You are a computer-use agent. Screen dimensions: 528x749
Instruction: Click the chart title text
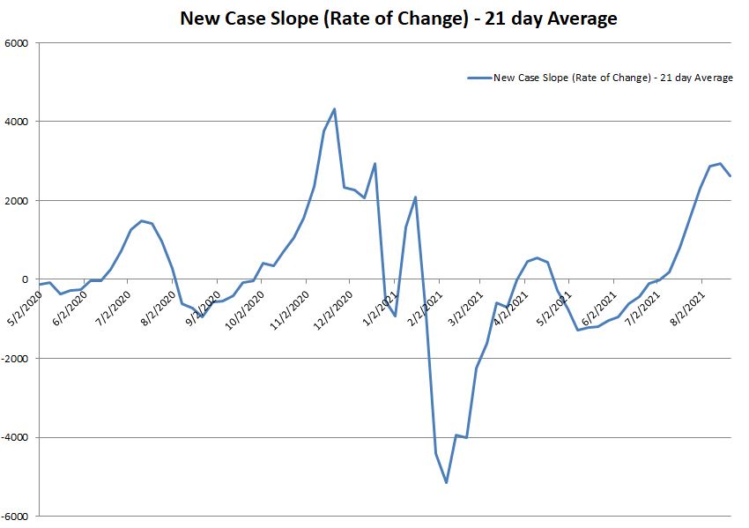point(397,18)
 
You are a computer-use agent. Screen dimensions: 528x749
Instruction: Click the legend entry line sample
point(478,78)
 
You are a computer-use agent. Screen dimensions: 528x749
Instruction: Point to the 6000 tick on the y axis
point(17,43)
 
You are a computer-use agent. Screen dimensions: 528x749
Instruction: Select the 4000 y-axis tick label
point(17,122)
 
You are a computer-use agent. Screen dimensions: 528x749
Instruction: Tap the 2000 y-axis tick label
point(17,201)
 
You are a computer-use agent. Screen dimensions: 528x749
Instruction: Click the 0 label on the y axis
point(26,279)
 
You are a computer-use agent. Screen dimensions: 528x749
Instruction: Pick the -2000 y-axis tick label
point(15,359)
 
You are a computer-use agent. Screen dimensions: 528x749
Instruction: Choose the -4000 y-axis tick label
point(15,437)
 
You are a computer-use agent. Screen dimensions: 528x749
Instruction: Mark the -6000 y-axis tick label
point(15,517)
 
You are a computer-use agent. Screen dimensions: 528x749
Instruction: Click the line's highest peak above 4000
point(334,108)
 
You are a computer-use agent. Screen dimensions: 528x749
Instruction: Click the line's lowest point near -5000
point(447,482)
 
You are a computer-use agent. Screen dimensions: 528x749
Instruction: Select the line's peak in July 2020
point(141,220)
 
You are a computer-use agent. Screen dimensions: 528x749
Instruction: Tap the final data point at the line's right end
point(730,176)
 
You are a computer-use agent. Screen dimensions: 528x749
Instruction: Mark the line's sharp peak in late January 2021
point(415,197)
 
